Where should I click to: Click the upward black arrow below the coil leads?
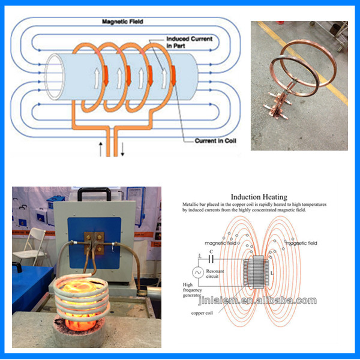click(x=101, y=148)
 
